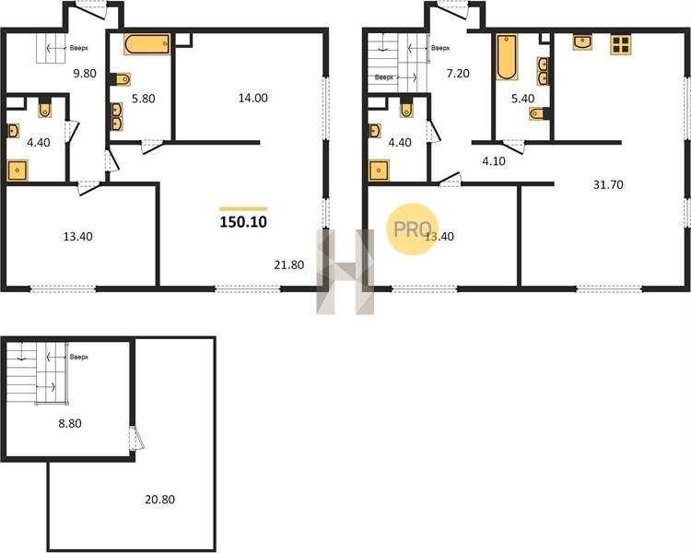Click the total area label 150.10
[x=243, y=222]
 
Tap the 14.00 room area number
[x=253, y=98]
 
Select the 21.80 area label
[x=289, y=265]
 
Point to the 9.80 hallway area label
[x=85, y=73]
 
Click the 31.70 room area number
[x=608, y=184]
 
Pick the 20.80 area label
[x=160, y=500]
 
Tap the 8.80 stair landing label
[x=70, y=423]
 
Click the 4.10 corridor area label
[x=494, y=161]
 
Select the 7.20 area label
[x=458, y=73]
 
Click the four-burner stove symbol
[x=621, y=45]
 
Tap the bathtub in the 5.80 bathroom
[x=146, y=44]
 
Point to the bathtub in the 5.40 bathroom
[x=508, y=57]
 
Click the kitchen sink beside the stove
[x=582, y=42]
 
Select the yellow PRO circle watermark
[x=413, y=229]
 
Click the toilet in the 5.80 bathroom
[x=122, y=80]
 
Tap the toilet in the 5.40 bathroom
[x=539, y=113]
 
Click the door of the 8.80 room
[x=137, y=438]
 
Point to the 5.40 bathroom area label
[x=522, y=99]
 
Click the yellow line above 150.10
[x=243, y=208]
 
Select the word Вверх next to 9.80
[x=79, y=48]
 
